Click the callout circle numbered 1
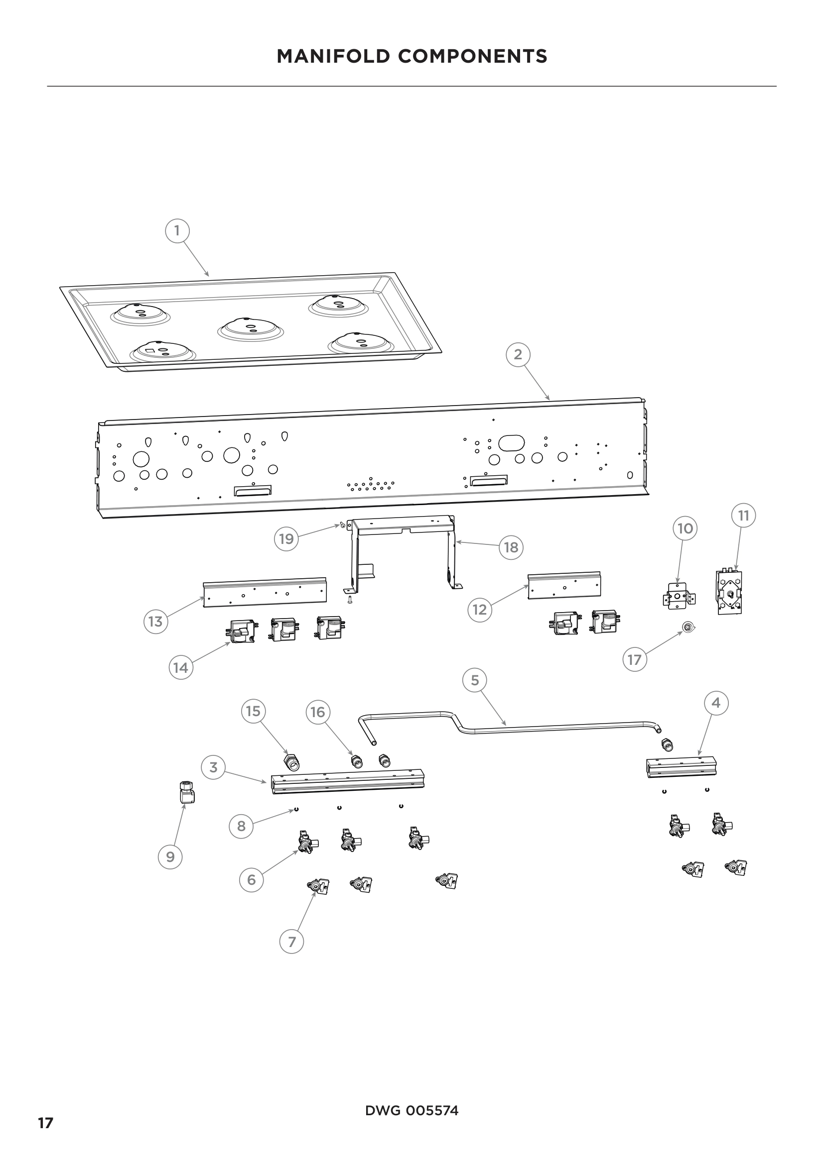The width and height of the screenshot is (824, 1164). [x=177, y=231]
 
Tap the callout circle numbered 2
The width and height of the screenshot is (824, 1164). [x=518, y=354]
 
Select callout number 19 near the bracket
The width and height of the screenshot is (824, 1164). [x=286, y=539]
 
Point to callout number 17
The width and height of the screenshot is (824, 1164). [x=635, y=659]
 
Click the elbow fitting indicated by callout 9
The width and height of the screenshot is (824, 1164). [x=187, y=792]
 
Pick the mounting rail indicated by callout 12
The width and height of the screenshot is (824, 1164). [x=564, y=586]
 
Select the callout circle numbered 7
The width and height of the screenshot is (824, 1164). [x=292, y=942]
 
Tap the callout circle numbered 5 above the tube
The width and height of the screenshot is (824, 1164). [x=475, y=680]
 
